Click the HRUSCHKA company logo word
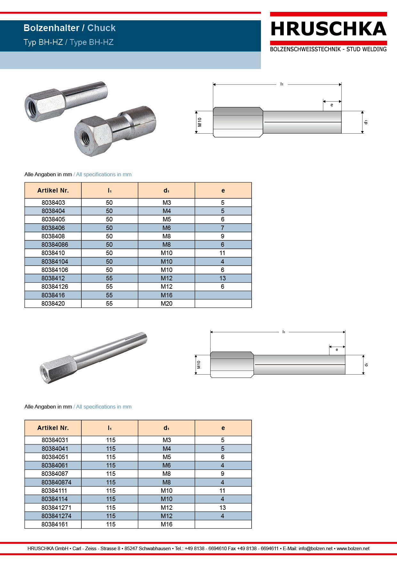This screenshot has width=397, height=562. click(x=328, y=29)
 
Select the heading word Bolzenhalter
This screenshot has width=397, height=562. click(x=52, y=28)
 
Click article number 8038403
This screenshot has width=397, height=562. click(x=53, y=202)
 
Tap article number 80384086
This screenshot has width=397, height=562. click(x=55, y=244)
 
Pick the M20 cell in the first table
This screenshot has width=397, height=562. click(x=166, y=303)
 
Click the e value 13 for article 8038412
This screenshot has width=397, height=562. click(x=223, y=278)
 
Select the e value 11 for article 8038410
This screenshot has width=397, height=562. click(x=223, y=253)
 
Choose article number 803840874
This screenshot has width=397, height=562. click(x=56, y=482)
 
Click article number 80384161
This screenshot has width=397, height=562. click(x=55, y=524)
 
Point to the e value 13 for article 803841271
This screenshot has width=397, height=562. click(x=223, y=508)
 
